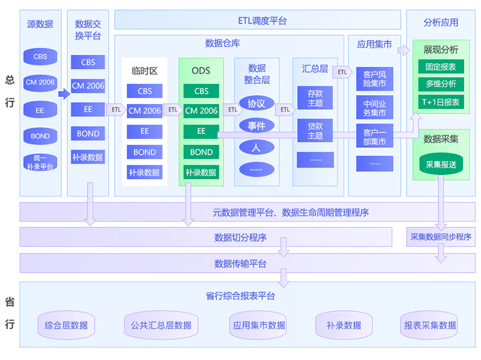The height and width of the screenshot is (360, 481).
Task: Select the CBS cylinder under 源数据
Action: click(40, 57)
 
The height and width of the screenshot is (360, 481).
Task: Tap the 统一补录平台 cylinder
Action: click(40, 162)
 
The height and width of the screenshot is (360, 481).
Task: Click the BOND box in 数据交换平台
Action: click(88, 134)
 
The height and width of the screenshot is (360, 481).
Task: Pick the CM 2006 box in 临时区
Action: click(144, 110)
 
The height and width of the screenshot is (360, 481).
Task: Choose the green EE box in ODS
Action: click(202, 131)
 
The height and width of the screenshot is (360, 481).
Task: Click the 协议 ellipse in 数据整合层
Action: click(256, 103)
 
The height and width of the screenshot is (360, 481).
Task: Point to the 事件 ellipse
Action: click(256, 126)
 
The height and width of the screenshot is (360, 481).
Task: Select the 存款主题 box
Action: click(315, 98)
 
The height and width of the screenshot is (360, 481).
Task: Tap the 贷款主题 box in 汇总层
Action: click(315, 131)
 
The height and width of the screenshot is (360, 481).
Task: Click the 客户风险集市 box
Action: click(375, 79)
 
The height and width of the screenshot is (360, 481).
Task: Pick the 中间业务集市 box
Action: click(375, 108)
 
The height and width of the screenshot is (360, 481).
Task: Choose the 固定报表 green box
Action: click(441, 67)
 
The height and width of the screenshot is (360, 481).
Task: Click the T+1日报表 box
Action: click(441, 102)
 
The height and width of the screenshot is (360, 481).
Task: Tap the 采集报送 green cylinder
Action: click(441, 165)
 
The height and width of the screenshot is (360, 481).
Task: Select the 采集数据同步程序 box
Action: click(441, 237)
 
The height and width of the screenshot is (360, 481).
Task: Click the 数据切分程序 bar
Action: click(206, 238)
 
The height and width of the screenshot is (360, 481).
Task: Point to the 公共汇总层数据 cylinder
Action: click(161, 325)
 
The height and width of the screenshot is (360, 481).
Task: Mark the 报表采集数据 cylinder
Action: click(430, 325)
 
